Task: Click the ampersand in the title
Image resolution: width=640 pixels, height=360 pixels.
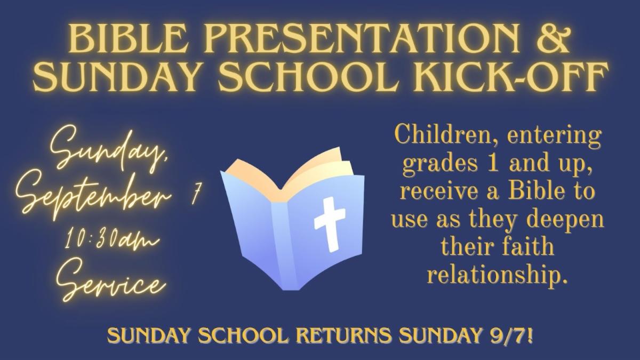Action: [x=553, y=39]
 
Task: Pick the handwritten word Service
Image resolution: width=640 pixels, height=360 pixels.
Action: [x=111, y=279]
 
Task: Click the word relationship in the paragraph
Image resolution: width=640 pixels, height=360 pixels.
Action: [x=498, y=274]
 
